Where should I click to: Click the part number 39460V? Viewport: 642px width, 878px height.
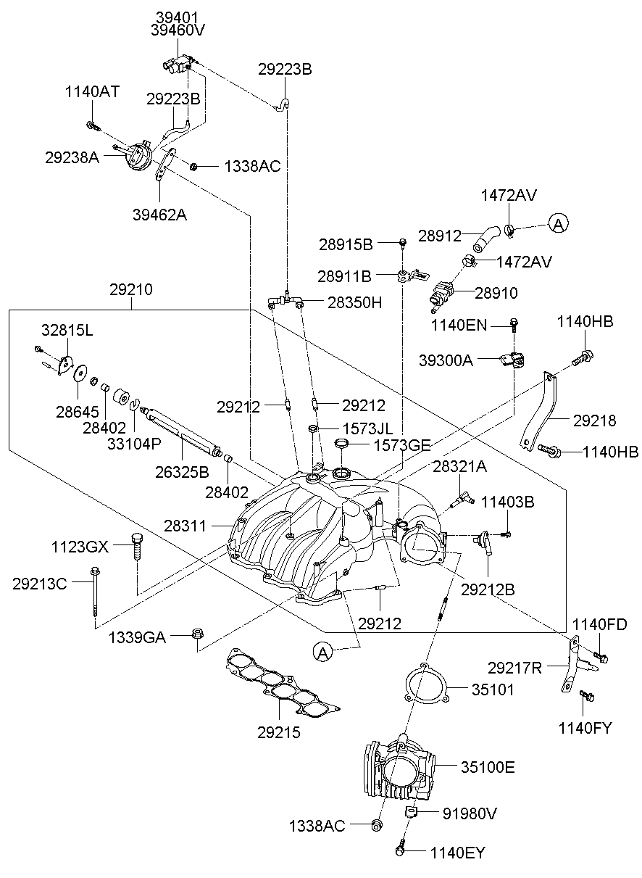point(178,30)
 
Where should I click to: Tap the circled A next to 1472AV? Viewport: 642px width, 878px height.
point(557,224)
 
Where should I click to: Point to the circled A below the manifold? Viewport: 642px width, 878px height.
point(324,653)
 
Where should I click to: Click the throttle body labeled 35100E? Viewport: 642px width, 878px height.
point(399,769)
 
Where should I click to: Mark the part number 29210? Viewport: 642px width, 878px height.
point(131,290)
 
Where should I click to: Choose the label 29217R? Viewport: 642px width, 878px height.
point(514,668)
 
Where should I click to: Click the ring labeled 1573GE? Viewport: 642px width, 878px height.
point(343,443)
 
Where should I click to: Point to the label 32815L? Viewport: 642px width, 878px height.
point(67,331)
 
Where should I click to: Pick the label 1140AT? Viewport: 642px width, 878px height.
point(92,92)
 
